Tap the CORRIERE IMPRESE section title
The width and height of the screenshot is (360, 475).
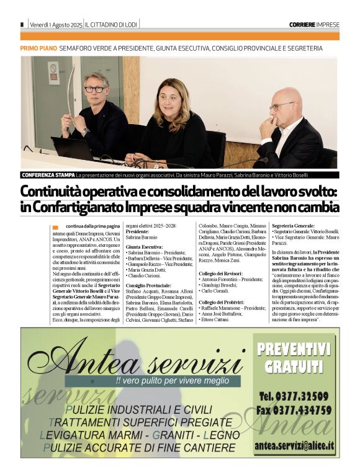314,24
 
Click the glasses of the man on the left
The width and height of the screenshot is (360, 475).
95,89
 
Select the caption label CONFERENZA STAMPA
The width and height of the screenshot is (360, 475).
48,175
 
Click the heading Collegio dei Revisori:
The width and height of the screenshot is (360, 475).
221,273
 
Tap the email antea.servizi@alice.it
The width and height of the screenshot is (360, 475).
294,445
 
